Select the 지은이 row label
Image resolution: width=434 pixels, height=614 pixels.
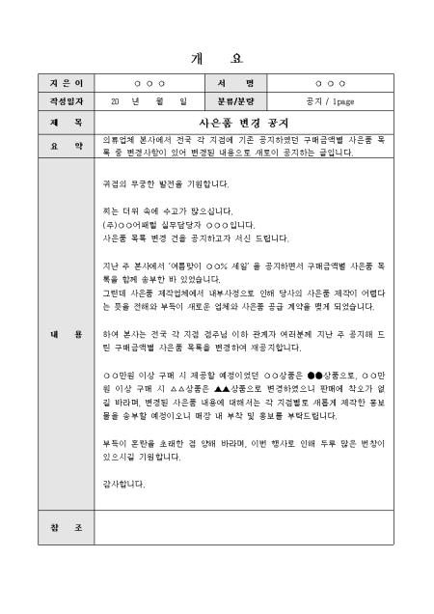click(65, 84)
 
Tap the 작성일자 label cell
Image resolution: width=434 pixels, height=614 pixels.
click(65, 100)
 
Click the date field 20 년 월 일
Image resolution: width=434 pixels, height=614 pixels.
click(149, 100)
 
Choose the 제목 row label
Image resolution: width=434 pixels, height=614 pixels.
click(65, 123)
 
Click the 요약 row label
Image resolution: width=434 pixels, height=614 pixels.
click(65, 146)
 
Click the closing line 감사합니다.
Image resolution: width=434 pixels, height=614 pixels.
click(123, 483)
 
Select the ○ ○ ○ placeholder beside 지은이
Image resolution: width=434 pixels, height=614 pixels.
click(149, 84)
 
